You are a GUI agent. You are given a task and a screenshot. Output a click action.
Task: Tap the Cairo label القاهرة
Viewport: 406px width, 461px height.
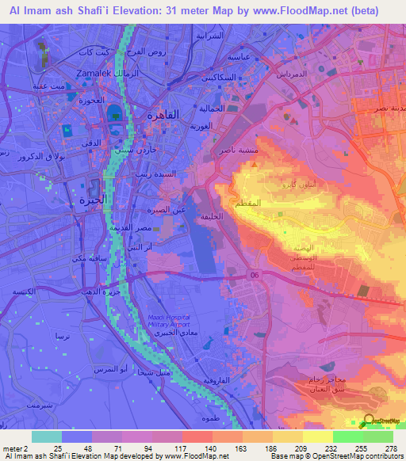pos(163,115)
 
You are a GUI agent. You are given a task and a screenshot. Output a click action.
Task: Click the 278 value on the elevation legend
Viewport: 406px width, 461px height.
pos(390,447)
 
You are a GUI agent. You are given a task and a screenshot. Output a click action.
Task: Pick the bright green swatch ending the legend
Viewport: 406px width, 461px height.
pos(377,436)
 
